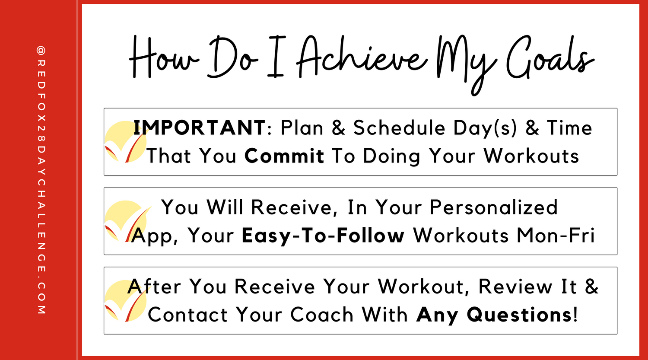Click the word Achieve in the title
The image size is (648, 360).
362,57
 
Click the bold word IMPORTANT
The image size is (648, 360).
199,127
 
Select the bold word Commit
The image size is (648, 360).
284,156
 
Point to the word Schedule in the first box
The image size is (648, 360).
399,127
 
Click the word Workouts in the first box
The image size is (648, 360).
531,156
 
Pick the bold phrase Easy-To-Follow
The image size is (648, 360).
323,236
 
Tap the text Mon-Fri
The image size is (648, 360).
556,235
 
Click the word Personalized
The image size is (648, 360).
493,207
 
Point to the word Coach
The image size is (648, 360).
322,315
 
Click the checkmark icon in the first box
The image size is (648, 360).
126,141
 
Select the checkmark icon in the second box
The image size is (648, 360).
126,221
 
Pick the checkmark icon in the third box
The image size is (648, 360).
126,301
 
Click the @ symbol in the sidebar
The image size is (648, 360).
41,51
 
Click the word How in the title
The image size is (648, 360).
164,57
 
